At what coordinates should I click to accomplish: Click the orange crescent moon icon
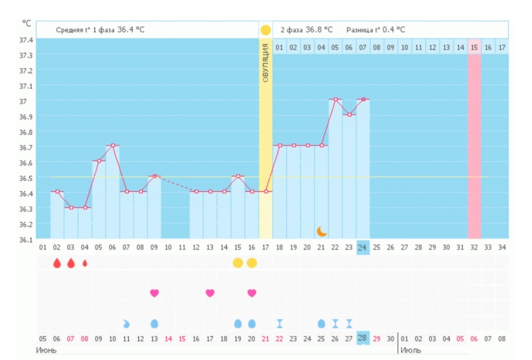321,231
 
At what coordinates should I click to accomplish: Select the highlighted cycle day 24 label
362,247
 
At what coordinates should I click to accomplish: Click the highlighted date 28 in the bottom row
362,339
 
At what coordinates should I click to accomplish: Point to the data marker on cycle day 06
112,145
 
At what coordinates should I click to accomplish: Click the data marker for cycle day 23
349,114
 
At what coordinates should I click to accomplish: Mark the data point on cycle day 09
154,176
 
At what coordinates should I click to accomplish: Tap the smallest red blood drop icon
85,263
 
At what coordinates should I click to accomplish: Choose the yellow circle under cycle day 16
252,263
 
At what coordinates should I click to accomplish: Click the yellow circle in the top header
266,30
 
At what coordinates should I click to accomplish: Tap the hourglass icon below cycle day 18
279,323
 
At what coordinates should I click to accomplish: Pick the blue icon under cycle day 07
126,323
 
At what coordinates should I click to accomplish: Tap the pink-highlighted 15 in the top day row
474,47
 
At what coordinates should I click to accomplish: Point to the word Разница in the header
358,30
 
